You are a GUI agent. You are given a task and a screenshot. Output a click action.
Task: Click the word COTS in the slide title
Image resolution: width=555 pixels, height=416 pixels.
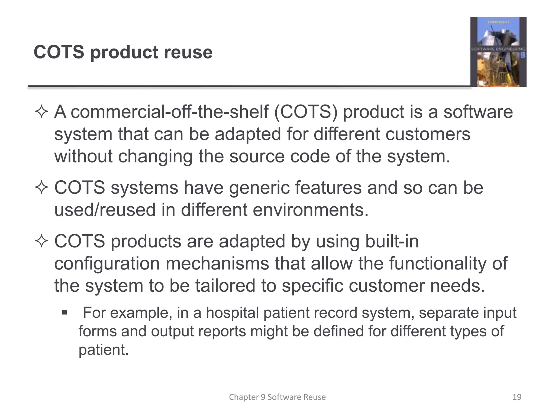point(59,52)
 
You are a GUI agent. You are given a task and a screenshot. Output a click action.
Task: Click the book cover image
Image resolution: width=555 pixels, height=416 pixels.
point(498,52)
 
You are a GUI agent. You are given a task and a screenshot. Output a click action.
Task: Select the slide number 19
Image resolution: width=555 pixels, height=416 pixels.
point(517,397)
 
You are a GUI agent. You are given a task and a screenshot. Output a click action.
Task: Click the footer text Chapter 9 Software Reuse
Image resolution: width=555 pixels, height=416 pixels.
point(277,397)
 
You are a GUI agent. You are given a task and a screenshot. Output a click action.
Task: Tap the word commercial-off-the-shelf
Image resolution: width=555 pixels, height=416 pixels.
point(169,112)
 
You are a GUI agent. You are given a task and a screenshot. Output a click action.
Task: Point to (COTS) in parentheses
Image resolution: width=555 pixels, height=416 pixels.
point(306,112)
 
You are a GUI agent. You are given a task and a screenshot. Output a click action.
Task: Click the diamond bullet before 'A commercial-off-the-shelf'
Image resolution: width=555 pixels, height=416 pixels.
point(41,112)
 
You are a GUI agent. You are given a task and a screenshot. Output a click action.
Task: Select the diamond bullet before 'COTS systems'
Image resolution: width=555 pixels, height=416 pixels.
point(41,188)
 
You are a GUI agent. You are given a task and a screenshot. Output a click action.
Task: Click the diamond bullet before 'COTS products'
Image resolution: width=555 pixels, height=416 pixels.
point(41,241)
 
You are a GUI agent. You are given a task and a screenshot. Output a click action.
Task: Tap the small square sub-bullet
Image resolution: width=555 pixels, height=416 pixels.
point(64,313)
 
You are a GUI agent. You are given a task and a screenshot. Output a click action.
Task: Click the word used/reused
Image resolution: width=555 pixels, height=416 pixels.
point(105,210)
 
